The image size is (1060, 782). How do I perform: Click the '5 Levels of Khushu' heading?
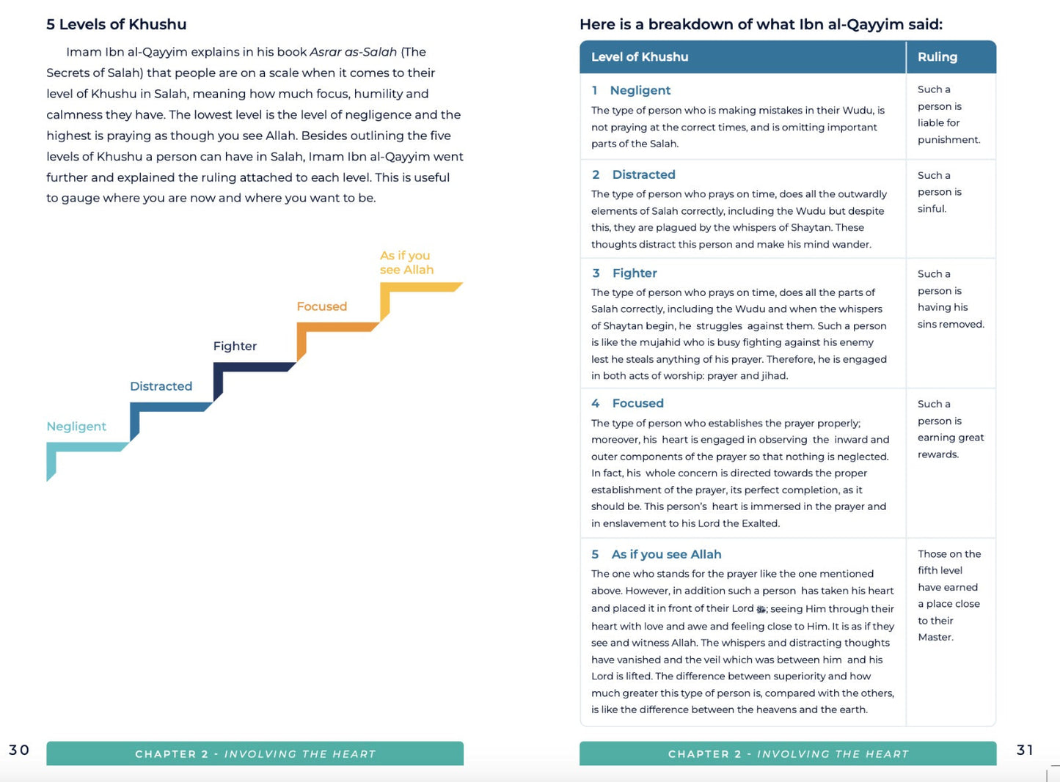click(116, 24)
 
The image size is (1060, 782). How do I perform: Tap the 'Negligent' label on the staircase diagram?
click(76, 427)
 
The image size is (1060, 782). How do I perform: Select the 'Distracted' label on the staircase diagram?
click(161, 386)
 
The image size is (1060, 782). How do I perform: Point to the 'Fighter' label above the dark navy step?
click(235, 346)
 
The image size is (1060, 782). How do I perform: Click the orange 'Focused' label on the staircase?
click(321, 306)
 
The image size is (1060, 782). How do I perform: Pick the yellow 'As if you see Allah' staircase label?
click(406, 262)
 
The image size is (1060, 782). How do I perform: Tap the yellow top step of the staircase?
click(422, 287)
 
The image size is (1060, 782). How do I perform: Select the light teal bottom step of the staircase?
click(84, 447)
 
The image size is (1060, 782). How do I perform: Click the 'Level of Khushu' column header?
click(640, 57)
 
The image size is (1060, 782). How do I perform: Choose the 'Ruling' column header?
click(937, 57)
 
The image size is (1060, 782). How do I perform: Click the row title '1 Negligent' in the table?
click(632, 90)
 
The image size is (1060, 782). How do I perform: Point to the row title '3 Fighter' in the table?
click(625, 273)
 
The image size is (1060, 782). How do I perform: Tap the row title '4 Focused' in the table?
click(628, 403)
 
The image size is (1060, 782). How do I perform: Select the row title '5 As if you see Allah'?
click(657, 554)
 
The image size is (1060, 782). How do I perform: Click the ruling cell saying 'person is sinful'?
click(939, 192)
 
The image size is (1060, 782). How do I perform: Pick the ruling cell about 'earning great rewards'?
click(950, 429)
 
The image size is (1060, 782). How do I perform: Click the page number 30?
click(19, 750)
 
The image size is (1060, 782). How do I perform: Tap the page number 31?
click(1026, 750)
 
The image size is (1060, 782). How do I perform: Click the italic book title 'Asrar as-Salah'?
click(353, 52)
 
